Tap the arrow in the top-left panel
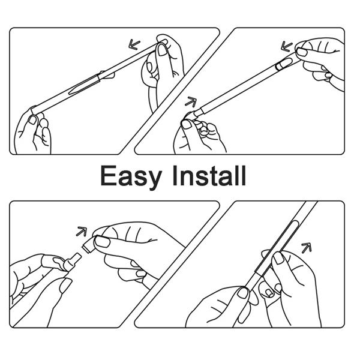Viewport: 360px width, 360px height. click(135, 44)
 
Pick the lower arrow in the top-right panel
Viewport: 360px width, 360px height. click(191, 101)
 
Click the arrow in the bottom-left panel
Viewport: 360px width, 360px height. click(82, 231)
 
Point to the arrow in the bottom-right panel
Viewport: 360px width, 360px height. click(306, 247)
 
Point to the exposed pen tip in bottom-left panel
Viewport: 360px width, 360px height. click(70, 259)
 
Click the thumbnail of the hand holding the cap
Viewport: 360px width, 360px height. click(103, 242)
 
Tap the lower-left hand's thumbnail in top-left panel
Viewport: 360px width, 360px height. click(34, 119)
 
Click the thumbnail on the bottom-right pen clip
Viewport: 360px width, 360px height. click(278, 257)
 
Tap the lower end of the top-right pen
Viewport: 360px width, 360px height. click(195, 114)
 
